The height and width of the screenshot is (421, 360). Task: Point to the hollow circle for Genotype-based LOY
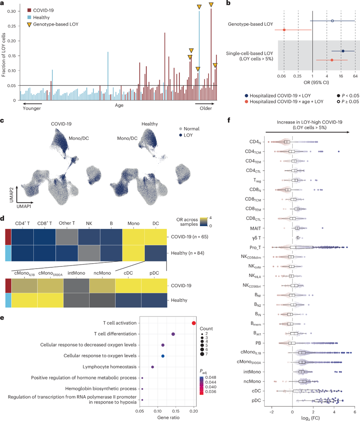pyautogui.click(x=332, y=20)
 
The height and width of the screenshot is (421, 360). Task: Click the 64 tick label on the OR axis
pyautogui.click(x=355, y=77)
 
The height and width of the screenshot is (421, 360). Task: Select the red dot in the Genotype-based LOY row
pyautogui.click(x=284, y=30)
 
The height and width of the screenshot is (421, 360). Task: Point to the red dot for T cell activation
pyautogui.click(x=194, y=323)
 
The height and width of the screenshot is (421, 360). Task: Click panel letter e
pyautogui.click(x=2, y=317)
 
